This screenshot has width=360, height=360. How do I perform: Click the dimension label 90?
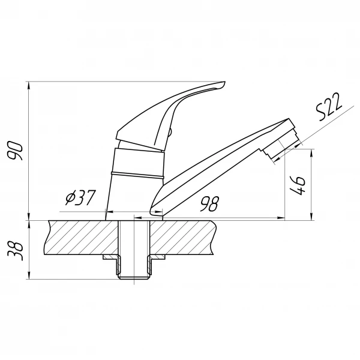point(16,151)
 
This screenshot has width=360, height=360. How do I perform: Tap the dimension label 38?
point(16,250)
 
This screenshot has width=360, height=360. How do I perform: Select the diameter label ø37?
point(79,197)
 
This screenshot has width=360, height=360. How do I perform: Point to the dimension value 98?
point(209,203)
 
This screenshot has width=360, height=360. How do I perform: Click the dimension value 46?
point(298,185)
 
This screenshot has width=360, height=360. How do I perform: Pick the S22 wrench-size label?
point(329,107)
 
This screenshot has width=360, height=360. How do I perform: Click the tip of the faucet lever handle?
point(224,82)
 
